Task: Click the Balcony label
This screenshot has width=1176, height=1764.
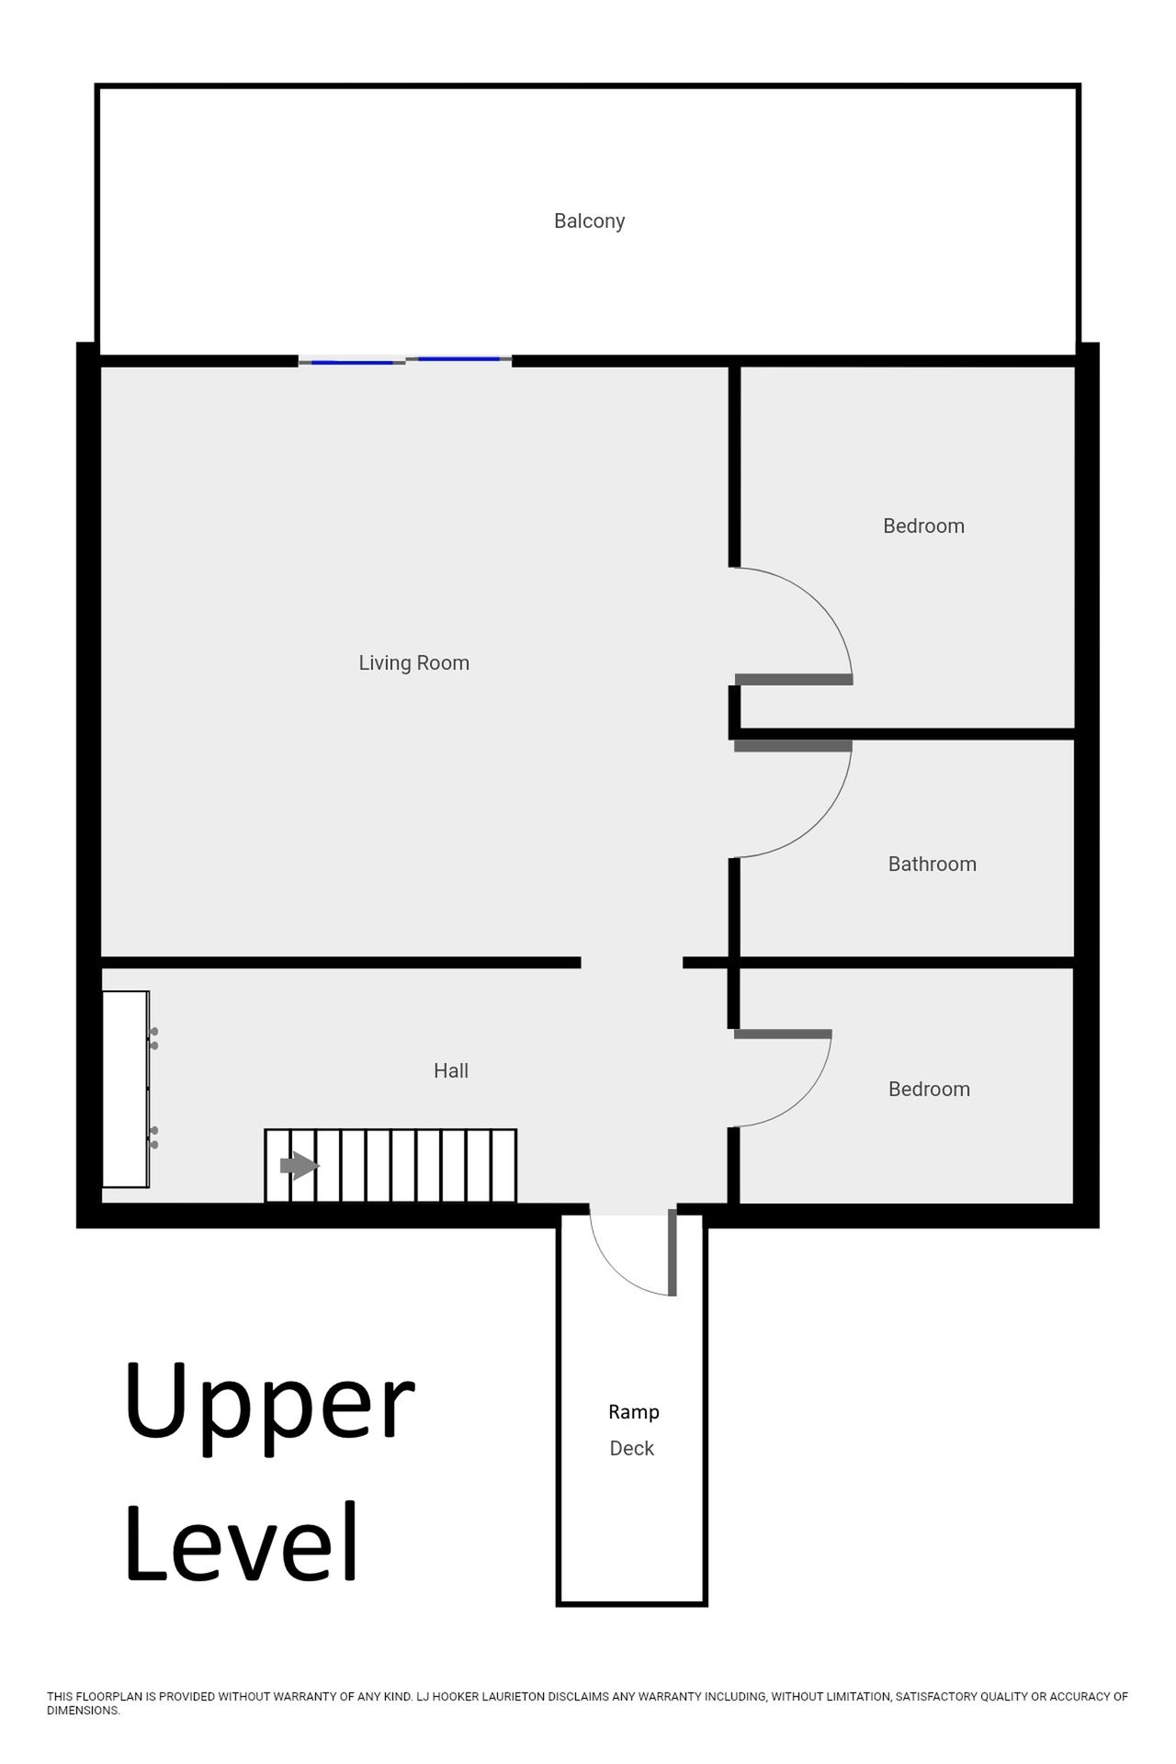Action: click(589, 221)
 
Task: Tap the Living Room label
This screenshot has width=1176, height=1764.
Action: click(413, 663)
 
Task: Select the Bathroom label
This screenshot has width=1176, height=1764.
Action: click(932, 864)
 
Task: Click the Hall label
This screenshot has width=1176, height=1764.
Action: click(451, 1070)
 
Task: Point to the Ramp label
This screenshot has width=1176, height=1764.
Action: click(634, 1412)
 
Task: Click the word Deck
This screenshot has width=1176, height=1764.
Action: click(632, 1448)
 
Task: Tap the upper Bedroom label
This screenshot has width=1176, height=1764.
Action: click(923, 526)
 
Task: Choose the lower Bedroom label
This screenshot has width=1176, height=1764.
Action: click(929, 1089)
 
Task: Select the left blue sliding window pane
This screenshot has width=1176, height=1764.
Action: click(352, 363)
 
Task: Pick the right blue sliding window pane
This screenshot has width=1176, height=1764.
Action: click(459, 358)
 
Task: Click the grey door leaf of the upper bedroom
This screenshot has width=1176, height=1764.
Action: click(794, 680)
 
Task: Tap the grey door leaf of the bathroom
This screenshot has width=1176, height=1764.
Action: click(793, 746)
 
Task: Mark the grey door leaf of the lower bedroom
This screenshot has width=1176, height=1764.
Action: click(783, 1035)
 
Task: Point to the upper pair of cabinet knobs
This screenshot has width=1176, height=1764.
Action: click(153, 1038)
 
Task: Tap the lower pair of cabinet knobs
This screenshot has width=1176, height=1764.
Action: click(153, 1137)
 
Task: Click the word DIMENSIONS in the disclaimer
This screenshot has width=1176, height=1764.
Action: click(83, 1711)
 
